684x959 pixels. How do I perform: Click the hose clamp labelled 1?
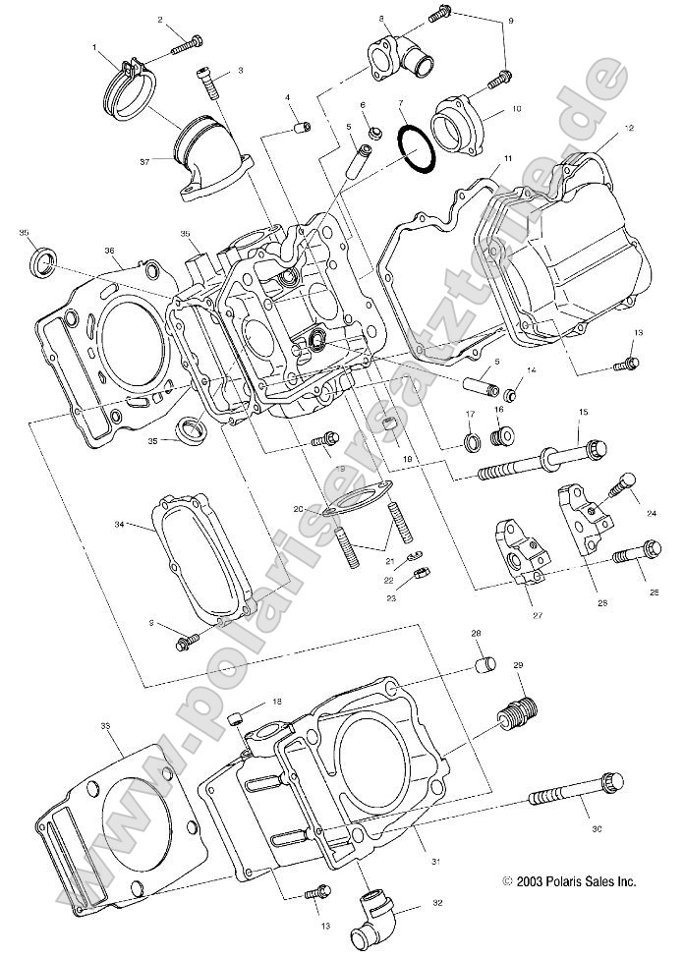pyautogui.click(x=128, y=85)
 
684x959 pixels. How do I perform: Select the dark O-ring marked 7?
pyautogui.click(x=416, y=148)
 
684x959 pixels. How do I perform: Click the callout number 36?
pyautogui.click(x=110, y=251)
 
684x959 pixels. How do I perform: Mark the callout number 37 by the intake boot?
pyautogui.click(x=144, y=159)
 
